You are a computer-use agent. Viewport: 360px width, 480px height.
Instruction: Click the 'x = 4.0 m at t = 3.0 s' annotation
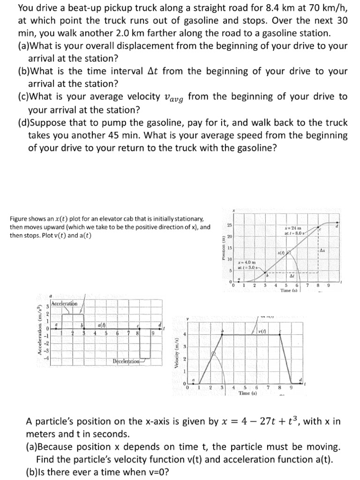click(x=247, y=265)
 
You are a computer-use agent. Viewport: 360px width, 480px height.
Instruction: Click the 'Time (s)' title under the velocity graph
click(x=247, y=393)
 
